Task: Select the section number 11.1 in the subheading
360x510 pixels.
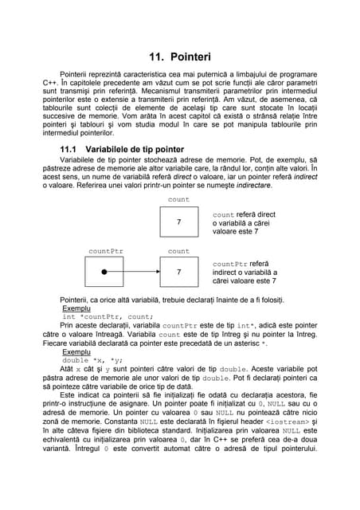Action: click(72, 149)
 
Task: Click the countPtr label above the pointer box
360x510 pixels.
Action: click(105, 250)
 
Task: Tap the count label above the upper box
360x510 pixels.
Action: click(179, 199)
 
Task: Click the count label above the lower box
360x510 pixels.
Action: click(179, 250)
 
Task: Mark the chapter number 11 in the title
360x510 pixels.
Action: click(157, 57)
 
